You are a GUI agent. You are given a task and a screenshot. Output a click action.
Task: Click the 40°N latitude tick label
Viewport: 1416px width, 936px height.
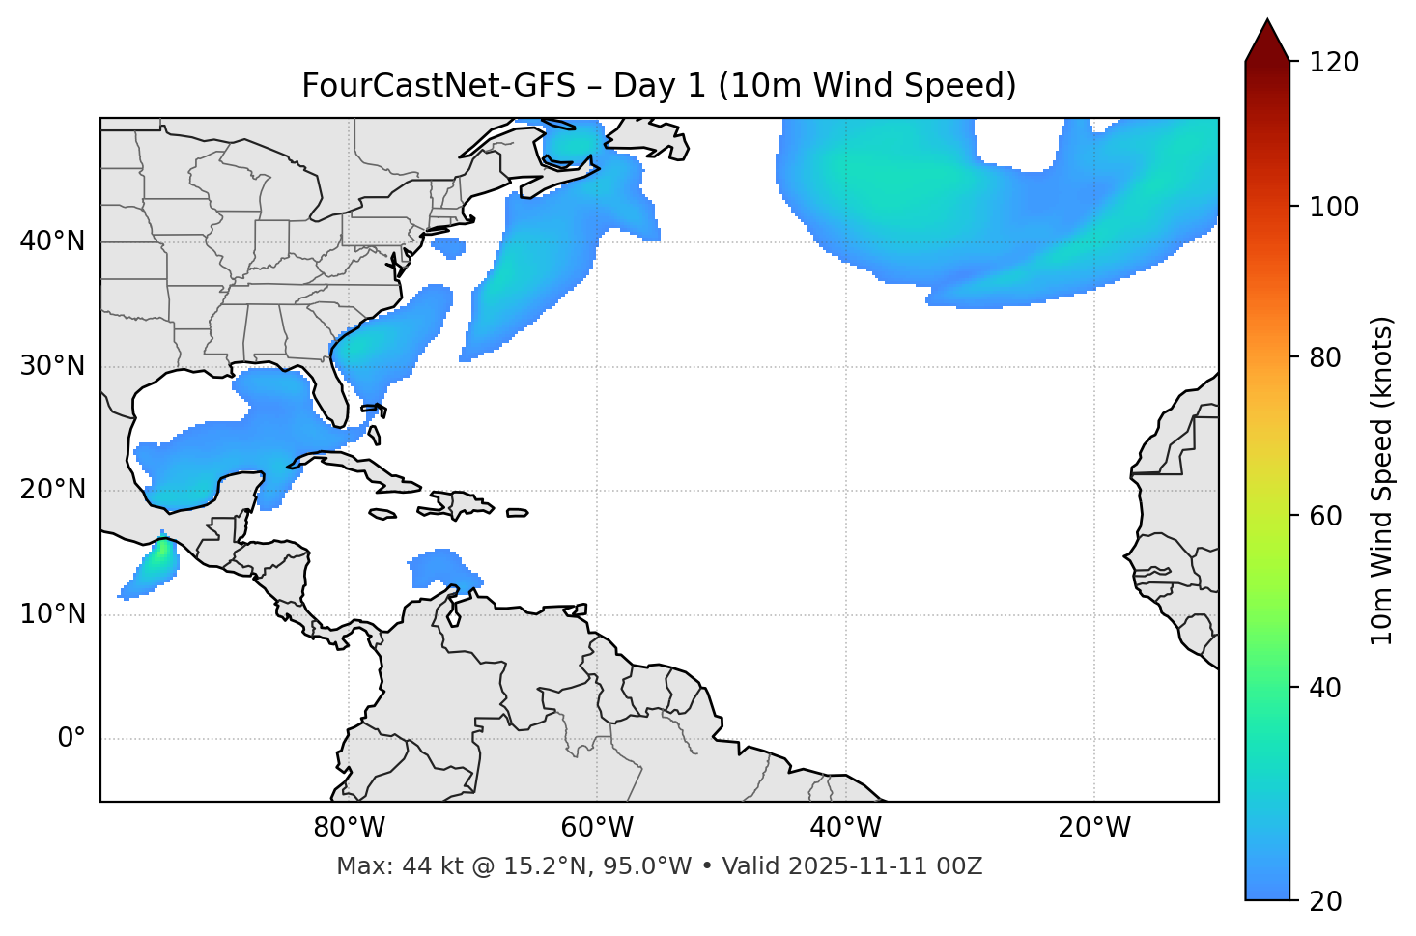(52, 241)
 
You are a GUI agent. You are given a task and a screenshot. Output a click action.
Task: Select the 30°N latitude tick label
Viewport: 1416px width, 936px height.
(52, 366)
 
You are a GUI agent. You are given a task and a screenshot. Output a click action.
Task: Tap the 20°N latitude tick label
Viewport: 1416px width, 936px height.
(52, 490)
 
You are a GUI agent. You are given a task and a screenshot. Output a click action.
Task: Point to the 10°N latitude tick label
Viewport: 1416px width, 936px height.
(52, 614)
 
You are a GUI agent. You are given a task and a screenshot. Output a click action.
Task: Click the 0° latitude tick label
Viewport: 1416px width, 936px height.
(71, 739)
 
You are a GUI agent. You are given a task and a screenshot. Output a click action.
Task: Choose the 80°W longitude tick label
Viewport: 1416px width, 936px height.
(349, 828)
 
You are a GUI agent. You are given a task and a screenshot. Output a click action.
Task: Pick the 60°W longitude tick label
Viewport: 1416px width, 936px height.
(597, 828)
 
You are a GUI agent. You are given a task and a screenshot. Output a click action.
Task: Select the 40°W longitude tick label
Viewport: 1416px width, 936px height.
(845, 828)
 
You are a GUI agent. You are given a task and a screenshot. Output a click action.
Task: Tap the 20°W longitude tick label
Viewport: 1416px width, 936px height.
(1093, 828)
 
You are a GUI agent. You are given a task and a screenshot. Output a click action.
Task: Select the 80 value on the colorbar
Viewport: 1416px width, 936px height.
(1325, 357)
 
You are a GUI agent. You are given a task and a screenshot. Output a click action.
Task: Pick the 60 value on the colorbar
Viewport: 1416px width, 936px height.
(1325, 516)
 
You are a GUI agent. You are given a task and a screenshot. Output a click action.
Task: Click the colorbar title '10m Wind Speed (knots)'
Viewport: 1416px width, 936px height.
(1382, 480)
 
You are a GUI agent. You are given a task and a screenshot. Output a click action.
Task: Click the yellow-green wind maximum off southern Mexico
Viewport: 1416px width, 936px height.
(159, 555)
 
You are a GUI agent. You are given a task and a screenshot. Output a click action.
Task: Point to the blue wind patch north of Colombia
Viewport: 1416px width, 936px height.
(439, 568)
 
